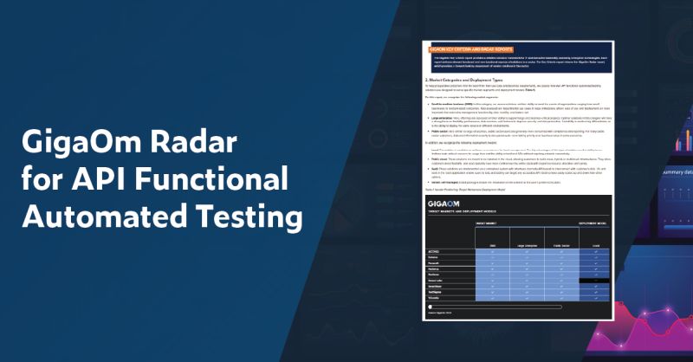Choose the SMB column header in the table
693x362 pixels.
492,245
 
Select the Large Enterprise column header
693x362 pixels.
528,245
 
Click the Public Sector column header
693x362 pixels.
562,245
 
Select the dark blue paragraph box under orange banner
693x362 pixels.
520,62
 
